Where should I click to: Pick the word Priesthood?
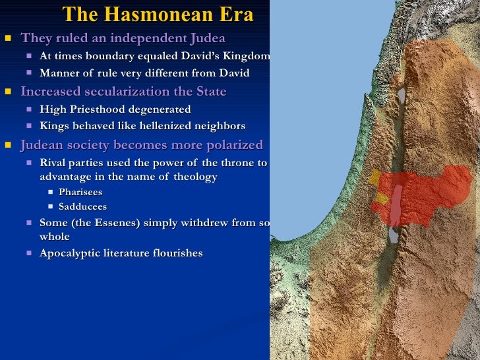116,109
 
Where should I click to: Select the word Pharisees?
80,193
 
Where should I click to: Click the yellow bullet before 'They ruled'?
8,38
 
